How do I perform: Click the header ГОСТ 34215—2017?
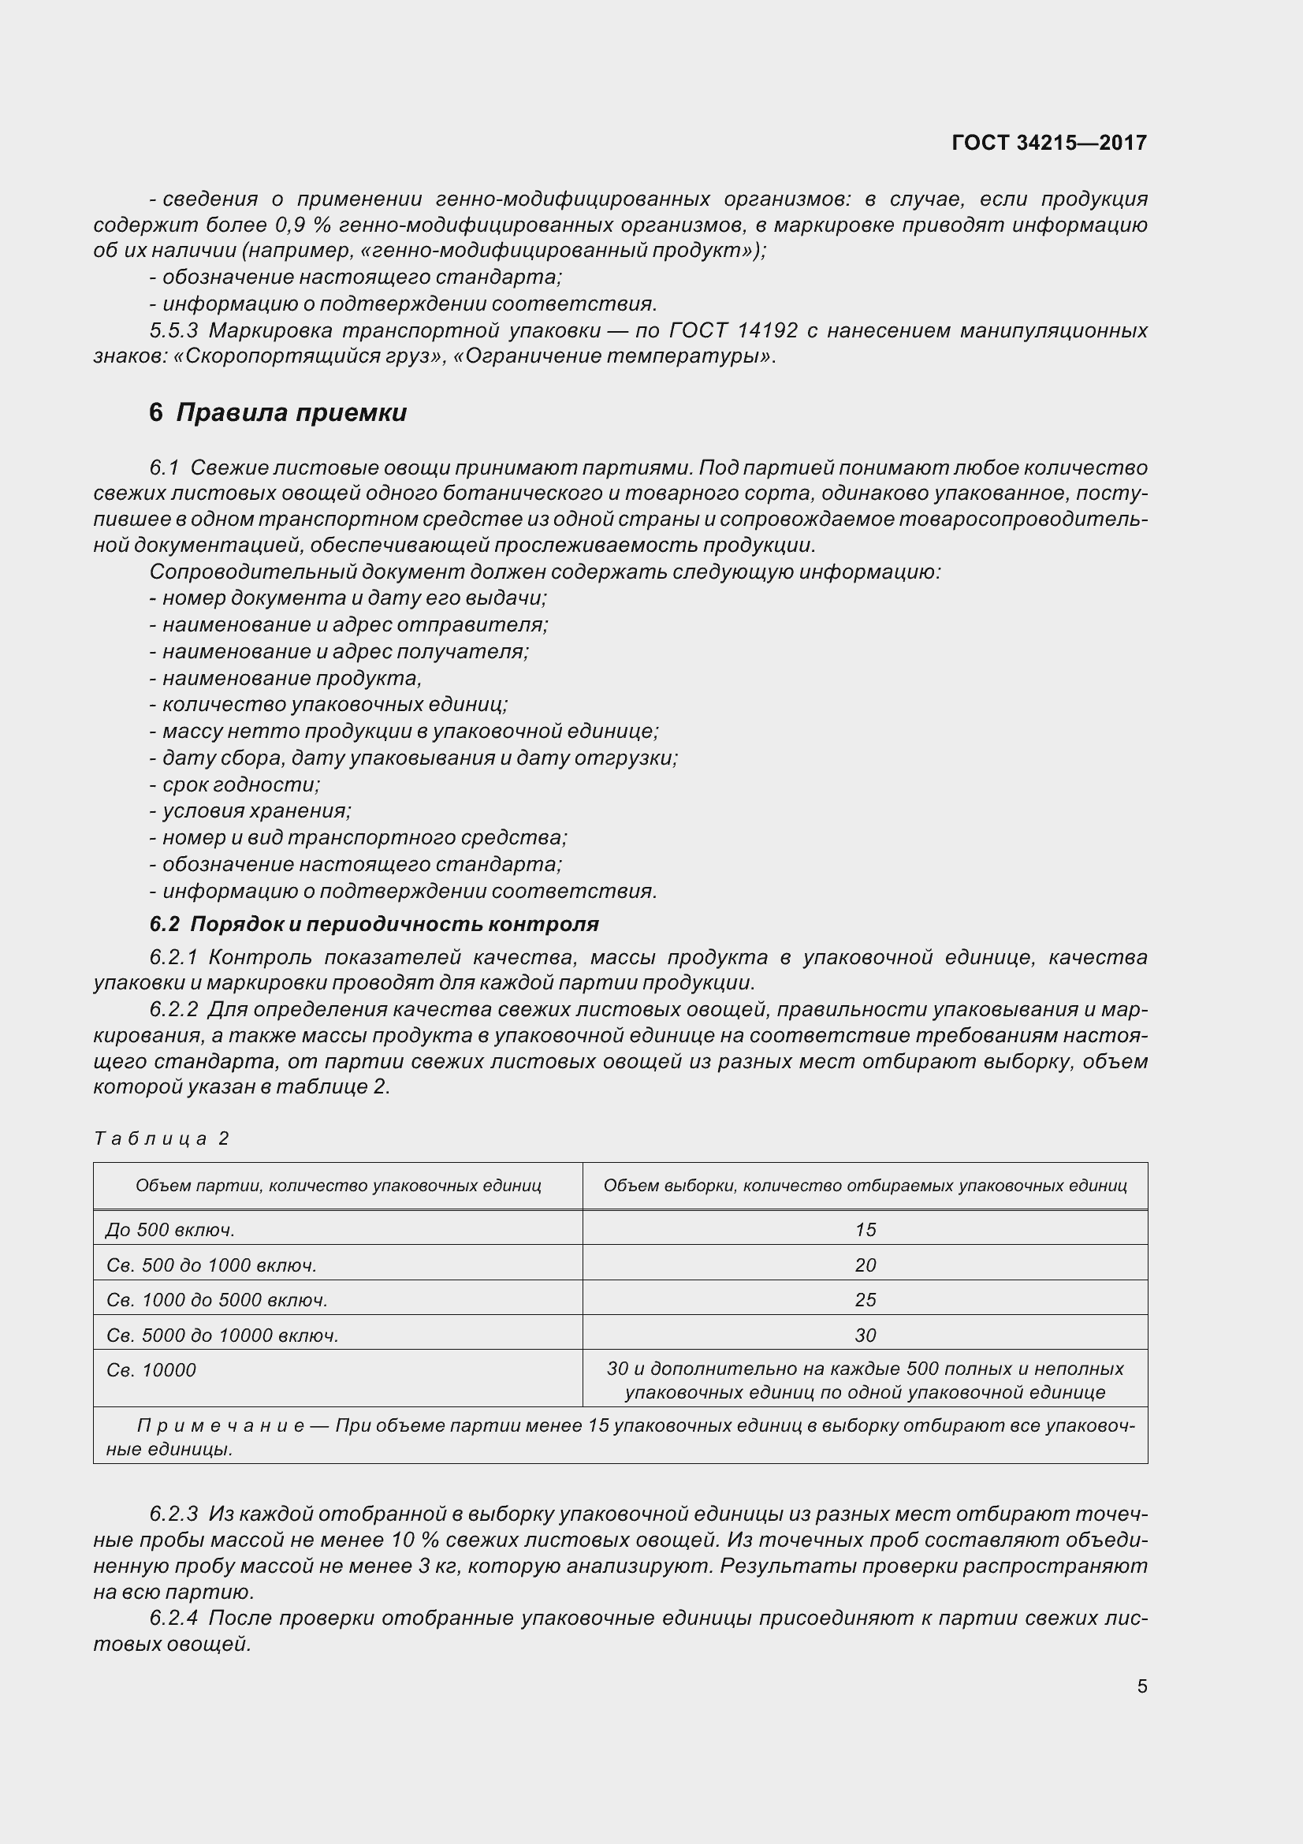[1048, 142]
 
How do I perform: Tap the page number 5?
[1141, 1686]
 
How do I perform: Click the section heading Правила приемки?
[291, 413]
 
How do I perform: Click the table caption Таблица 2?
[162, 1138]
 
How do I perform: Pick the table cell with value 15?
[865, 1230]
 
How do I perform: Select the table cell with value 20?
[865, 1265]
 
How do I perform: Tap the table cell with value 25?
[865, 1299]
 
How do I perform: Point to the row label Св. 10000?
[151, 1370]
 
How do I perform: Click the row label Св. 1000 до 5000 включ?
[217, 1299]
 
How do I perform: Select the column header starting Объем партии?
[338, 1186]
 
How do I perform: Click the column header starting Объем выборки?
[865, 1186]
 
